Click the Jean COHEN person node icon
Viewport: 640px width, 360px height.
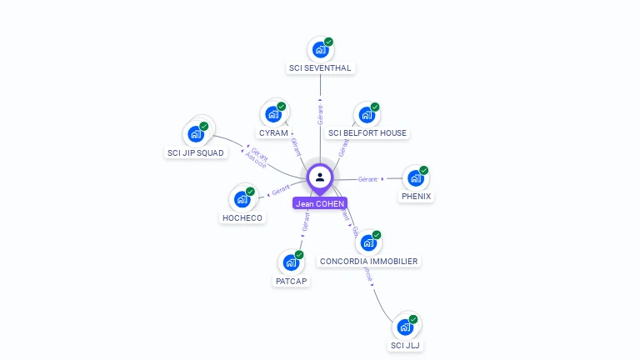320,177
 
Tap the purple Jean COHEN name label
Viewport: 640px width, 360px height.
320,203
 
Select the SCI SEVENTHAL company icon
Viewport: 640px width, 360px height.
320,50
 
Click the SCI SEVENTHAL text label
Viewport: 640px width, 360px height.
320,68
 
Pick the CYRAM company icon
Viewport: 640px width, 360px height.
273,115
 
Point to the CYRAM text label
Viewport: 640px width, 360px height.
273,133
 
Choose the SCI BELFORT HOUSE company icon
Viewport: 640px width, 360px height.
367,115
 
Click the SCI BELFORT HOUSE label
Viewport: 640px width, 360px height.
367,133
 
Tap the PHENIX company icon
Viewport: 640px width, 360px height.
415,178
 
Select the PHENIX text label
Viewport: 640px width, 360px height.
416,197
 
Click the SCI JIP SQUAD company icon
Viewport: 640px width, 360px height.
197,133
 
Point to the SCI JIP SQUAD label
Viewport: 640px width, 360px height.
196,152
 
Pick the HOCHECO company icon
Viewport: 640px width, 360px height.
242,199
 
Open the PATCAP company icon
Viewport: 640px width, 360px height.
291,262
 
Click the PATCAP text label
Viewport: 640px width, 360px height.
292,282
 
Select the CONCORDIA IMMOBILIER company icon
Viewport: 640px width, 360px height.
368,243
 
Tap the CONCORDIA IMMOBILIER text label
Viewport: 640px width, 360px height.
369,262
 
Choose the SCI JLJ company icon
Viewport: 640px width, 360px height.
405,327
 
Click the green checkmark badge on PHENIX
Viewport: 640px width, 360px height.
423,170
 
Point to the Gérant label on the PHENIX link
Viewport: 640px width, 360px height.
367,179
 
